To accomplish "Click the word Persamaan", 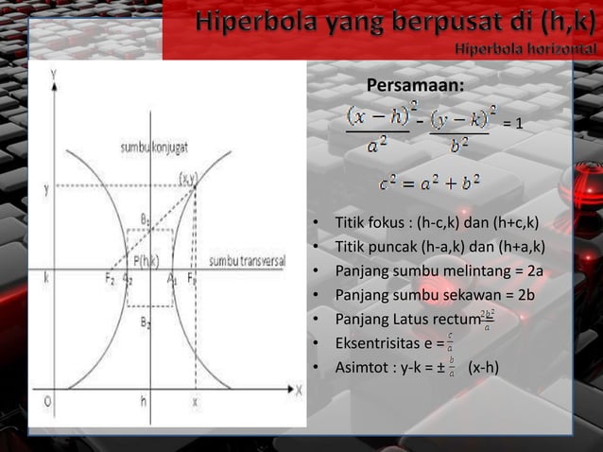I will click(x=415, y=87).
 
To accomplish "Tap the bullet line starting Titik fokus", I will click(x=437, y=224).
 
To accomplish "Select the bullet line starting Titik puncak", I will click(x=440, y=248).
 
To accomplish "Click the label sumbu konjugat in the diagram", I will click(x=151, y=148).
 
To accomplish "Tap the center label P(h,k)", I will click(x=146, y=260).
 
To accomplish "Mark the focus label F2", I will click(x=109, y=279).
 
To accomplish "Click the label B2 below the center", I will click(x=146, y=322).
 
